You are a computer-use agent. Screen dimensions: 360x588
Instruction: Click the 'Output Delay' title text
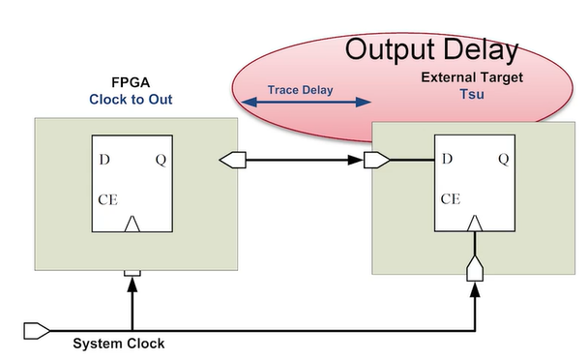[431, 50]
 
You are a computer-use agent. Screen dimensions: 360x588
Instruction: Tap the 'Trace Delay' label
[300, 90]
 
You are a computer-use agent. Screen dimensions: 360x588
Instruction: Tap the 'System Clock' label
[119, 344]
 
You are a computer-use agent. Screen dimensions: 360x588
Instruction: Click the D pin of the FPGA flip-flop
[103, 160]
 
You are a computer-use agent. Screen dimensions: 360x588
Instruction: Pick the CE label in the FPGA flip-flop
[107, 200]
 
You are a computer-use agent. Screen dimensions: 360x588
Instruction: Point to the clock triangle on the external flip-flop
[475, 225]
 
